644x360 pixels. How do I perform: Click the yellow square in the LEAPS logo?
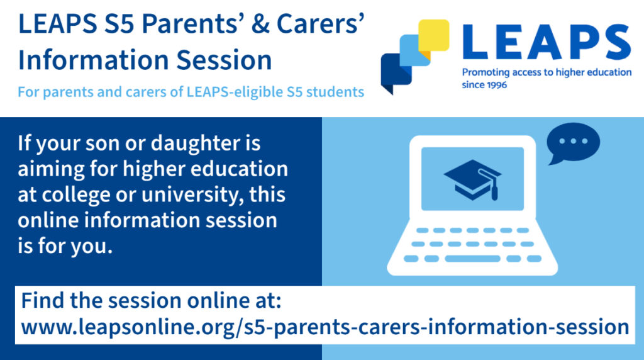tap(434, 35)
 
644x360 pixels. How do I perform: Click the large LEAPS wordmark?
tap(547, 42)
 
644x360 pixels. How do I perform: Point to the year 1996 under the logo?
tap(496, 85)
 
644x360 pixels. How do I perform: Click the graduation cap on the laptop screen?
tap(473, 179)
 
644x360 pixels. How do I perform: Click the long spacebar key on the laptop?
tap(472, 259)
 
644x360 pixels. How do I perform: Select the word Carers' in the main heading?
tap(320, 24)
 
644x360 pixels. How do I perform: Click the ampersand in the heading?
tap(260, 24)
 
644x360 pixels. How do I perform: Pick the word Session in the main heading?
tap(225, 60)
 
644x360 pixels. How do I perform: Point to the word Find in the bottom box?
tap(43, 300)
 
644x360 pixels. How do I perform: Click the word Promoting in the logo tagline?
tap(486, 73)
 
